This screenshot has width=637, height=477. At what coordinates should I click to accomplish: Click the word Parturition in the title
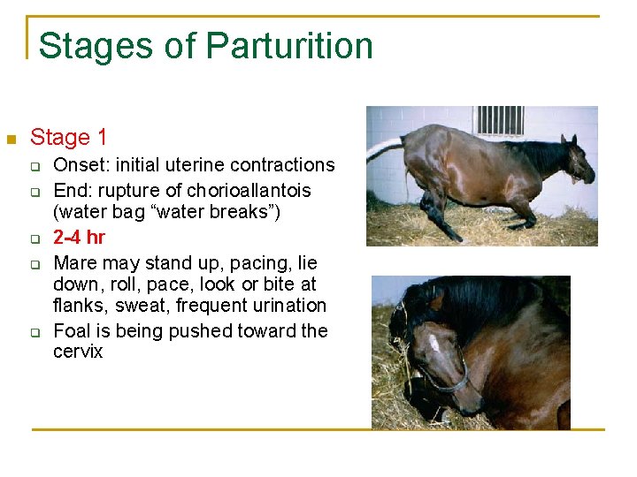coord(289,46)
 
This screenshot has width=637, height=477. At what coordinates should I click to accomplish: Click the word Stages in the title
coord(83,46)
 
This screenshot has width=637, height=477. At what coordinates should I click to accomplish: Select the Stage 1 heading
coord(68,138)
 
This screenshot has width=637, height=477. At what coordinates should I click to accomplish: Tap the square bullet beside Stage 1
coord(11,140)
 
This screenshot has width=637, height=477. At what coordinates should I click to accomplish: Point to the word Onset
coord(78,165)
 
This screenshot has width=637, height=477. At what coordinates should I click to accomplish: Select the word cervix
coord(78,352)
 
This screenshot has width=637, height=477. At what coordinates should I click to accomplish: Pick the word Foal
coord(73,331)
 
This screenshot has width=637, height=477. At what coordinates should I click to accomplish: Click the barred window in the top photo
coord(499,120)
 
